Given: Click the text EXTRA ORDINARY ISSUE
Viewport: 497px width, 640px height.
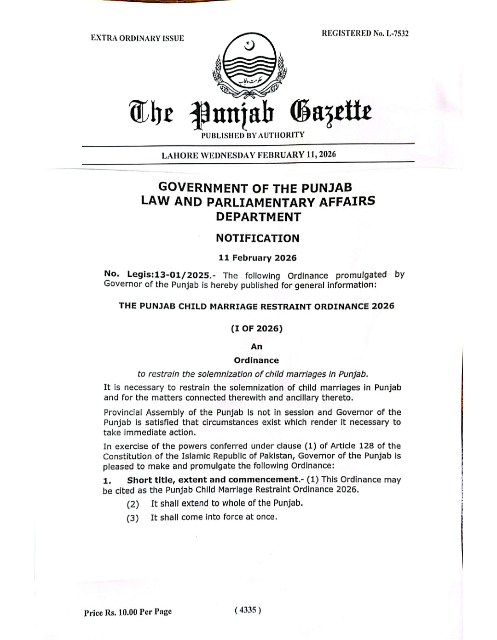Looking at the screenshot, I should click(137, 38).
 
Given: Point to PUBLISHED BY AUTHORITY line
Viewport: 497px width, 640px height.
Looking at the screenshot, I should click(253, 135).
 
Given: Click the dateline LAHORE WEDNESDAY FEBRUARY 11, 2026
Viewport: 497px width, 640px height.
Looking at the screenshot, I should click(248, 155).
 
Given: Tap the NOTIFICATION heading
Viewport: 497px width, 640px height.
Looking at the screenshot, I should click(258, 238).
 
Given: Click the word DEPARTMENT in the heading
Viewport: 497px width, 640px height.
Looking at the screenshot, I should click(259, 217).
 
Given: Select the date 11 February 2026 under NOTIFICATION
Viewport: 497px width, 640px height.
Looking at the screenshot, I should click(258, 258).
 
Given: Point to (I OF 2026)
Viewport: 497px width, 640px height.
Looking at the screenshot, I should click(257, 328).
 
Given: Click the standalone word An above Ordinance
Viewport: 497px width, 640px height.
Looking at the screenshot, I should click(256, 347).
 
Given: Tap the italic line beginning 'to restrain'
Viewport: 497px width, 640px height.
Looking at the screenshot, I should click(253, 374).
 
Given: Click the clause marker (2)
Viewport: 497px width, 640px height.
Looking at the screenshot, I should click(133, 504).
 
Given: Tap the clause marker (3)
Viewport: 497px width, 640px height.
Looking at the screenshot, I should click(133, 518).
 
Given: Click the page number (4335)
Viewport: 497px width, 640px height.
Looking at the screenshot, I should click(248, 610).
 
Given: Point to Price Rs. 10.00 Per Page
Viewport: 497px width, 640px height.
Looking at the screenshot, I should click(128, 612).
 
